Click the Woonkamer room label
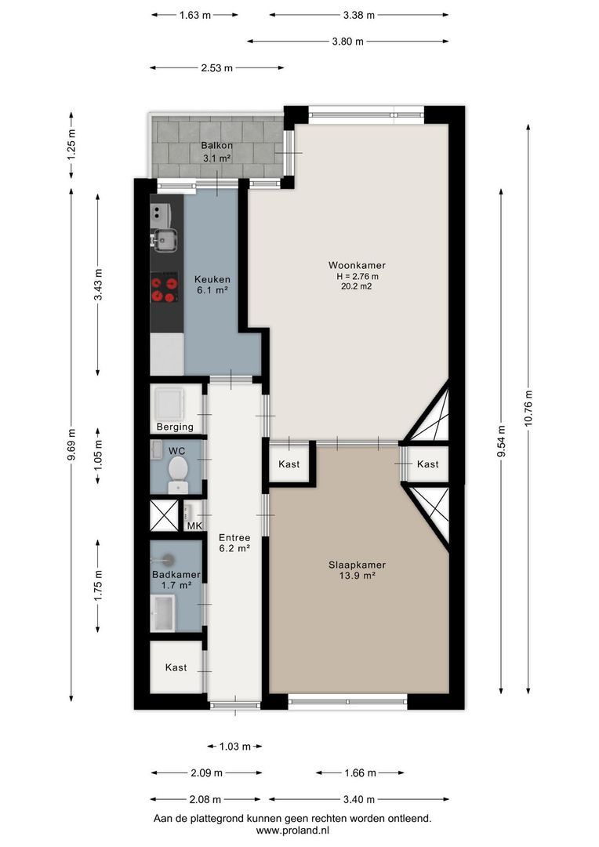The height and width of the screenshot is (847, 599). (x=357, y=265)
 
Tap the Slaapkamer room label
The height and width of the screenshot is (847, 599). (x=357, y=565)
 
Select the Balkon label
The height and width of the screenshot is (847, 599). (x=216, y=145)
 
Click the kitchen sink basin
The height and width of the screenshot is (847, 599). (x=165, y=241)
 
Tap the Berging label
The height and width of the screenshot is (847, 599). (x=175, y=427)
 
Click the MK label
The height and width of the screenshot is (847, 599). (x=194, y=525)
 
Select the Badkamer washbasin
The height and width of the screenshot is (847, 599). (x=162, y=613)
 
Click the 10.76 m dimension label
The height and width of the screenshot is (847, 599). (x=528, y=409)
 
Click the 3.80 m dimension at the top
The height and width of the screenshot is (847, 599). (x=348, y=41)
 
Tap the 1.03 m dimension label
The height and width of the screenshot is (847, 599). (x=235, y=747)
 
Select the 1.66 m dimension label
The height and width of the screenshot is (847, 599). (x=361, y=773)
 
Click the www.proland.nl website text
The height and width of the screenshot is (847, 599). (x=292, y=831)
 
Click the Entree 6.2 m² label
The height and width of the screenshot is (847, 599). (x=234, y=543)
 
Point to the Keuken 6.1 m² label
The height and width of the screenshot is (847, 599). (x=212, y=285)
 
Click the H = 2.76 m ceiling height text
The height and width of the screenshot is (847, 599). (x=357, y=277)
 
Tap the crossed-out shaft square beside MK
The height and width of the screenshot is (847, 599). (x=164, y=515)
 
